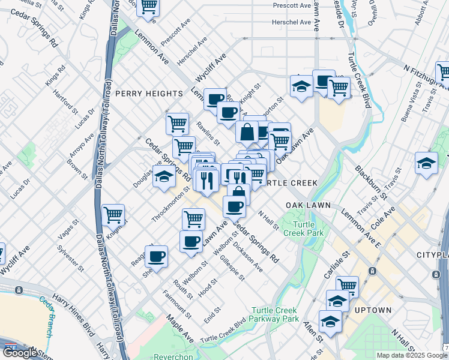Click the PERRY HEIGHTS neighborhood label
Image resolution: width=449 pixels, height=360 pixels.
click(x=149, y=94)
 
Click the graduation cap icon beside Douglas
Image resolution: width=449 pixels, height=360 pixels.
click(x=164, y=176)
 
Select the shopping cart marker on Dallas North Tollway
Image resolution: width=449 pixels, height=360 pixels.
click(x=113, y=214)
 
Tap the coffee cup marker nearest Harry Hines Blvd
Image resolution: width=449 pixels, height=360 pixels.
click(x=156, y=256)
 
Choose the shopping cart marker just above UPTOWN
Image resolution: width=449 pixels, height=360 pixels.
click(x=347, y=286)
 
